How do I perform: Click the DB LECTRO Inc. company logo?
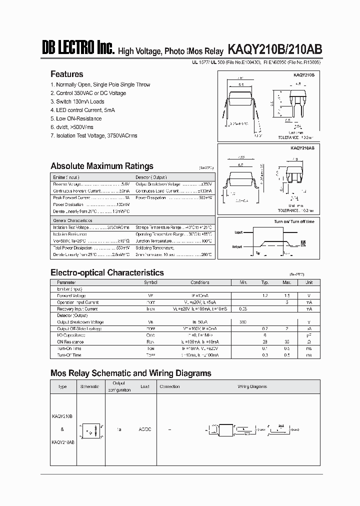[78, 49]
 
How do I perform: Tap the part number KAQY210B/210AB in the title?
[275, 49]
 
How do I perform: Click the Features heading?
[67, 74]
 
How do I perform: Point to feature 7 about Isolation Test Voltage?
[94, 135]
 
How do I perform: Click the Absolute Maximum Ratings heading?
[102, 166]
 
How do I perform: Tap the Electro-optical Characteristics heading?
[107, 272]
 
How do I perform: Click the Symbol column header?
[150, 282]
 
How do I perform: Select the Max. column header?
[287, 282]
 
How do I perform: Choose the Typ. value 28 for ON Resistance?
[265, 341]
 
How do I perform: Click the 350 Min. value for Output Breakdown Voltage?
[243, 322]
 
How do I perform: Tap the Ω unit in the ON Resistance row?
[309, 341]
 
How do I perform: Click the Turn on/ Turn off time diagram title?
[294, 221]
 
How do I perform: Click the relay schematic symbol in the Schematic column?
[90, 429]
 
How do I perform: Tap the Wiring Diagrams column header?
[252, 386]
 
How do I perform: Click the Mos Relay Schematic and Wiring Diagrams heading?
[131, 373]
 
